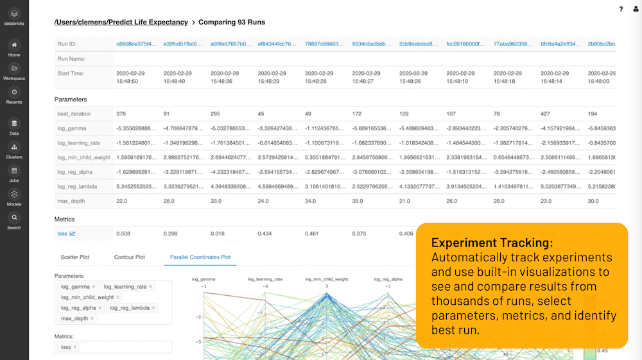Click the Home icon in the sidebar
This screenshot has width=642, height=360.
pyautogui.click(x=14, y=45)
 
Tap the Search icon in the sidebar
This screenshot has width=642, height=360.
pyautogui.click(x=14, y=218)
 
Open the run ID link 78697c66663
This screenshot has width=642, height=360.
pyautogui.click(x=325, y=44)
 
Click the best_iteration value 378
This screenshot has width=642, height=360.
pyautogui.click(x=121, y=114)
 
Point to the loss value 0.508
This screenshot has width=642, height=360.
pyautogui.click(x=123, y=234)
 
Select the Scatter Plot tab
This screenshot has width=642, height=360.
pyautogui.click(x=74, y=257)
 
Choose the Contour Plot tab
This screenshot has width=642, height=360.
pyautogui.click(x=129, y=257)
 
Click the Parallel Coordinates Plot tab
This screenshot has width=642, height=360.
pyautogui.click(x=200, y=257)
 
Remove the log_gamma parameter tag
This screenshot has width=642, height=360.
pyautogui.click(x=94, y=286)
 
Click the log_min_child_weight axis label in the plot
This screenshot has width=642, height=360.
pyautogui.click(x=327, y=279)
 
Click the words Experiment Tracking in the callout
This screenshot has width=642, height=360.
pyautogui.click(x=492, y=243)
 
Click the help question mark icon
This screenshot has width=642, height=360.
pyautogui.click(x=621, y=9)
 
